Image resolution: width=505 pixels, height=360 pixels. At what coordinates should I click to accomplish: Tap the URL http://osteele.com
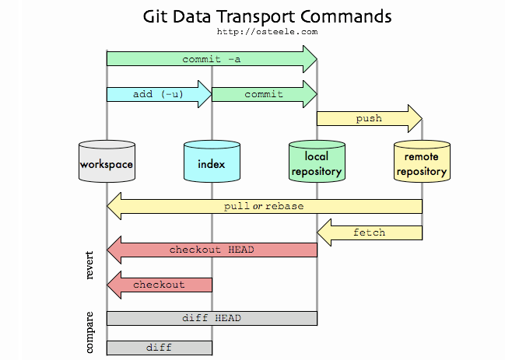[x=268, y=32]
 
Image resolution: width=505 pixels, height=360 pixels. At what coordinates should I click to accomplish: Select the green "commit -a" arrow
[x=211, y=59]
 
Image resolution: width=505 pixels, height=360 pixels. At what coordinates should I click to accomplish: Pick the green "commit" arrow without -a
[x=264, y=94]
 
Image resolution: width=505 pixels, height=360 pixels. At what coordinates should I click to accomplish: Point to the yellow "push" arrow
[x=368, y=118]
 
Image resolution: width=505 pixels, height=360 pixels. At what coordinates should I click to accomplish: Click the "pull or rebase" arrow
[x=265, y=206]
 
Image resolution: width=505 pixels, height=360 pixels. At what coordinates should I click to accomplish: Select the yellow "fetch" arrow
[x=369, y=232]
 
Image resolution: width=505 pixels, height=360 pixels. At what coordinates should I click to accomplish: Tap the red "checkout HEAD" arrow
[x=212, y=250]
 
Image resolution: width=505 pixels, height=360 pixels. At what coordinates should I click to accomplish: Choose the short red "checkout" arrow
[x=159, y=285]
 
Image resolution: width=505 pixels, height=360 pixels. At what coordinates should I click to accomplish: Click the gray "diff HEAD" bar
[x=212, y=318]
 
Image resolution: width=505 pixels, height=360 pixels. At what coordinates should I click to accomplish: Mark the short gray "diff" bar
[x=159, y=347]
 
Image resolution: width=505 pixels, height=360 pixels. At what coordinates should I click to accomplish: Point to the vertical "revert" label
[x=89, y=265]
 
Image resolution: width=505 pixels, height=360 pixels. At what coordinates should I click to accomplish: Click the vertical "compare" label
[x=89, y=332]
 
